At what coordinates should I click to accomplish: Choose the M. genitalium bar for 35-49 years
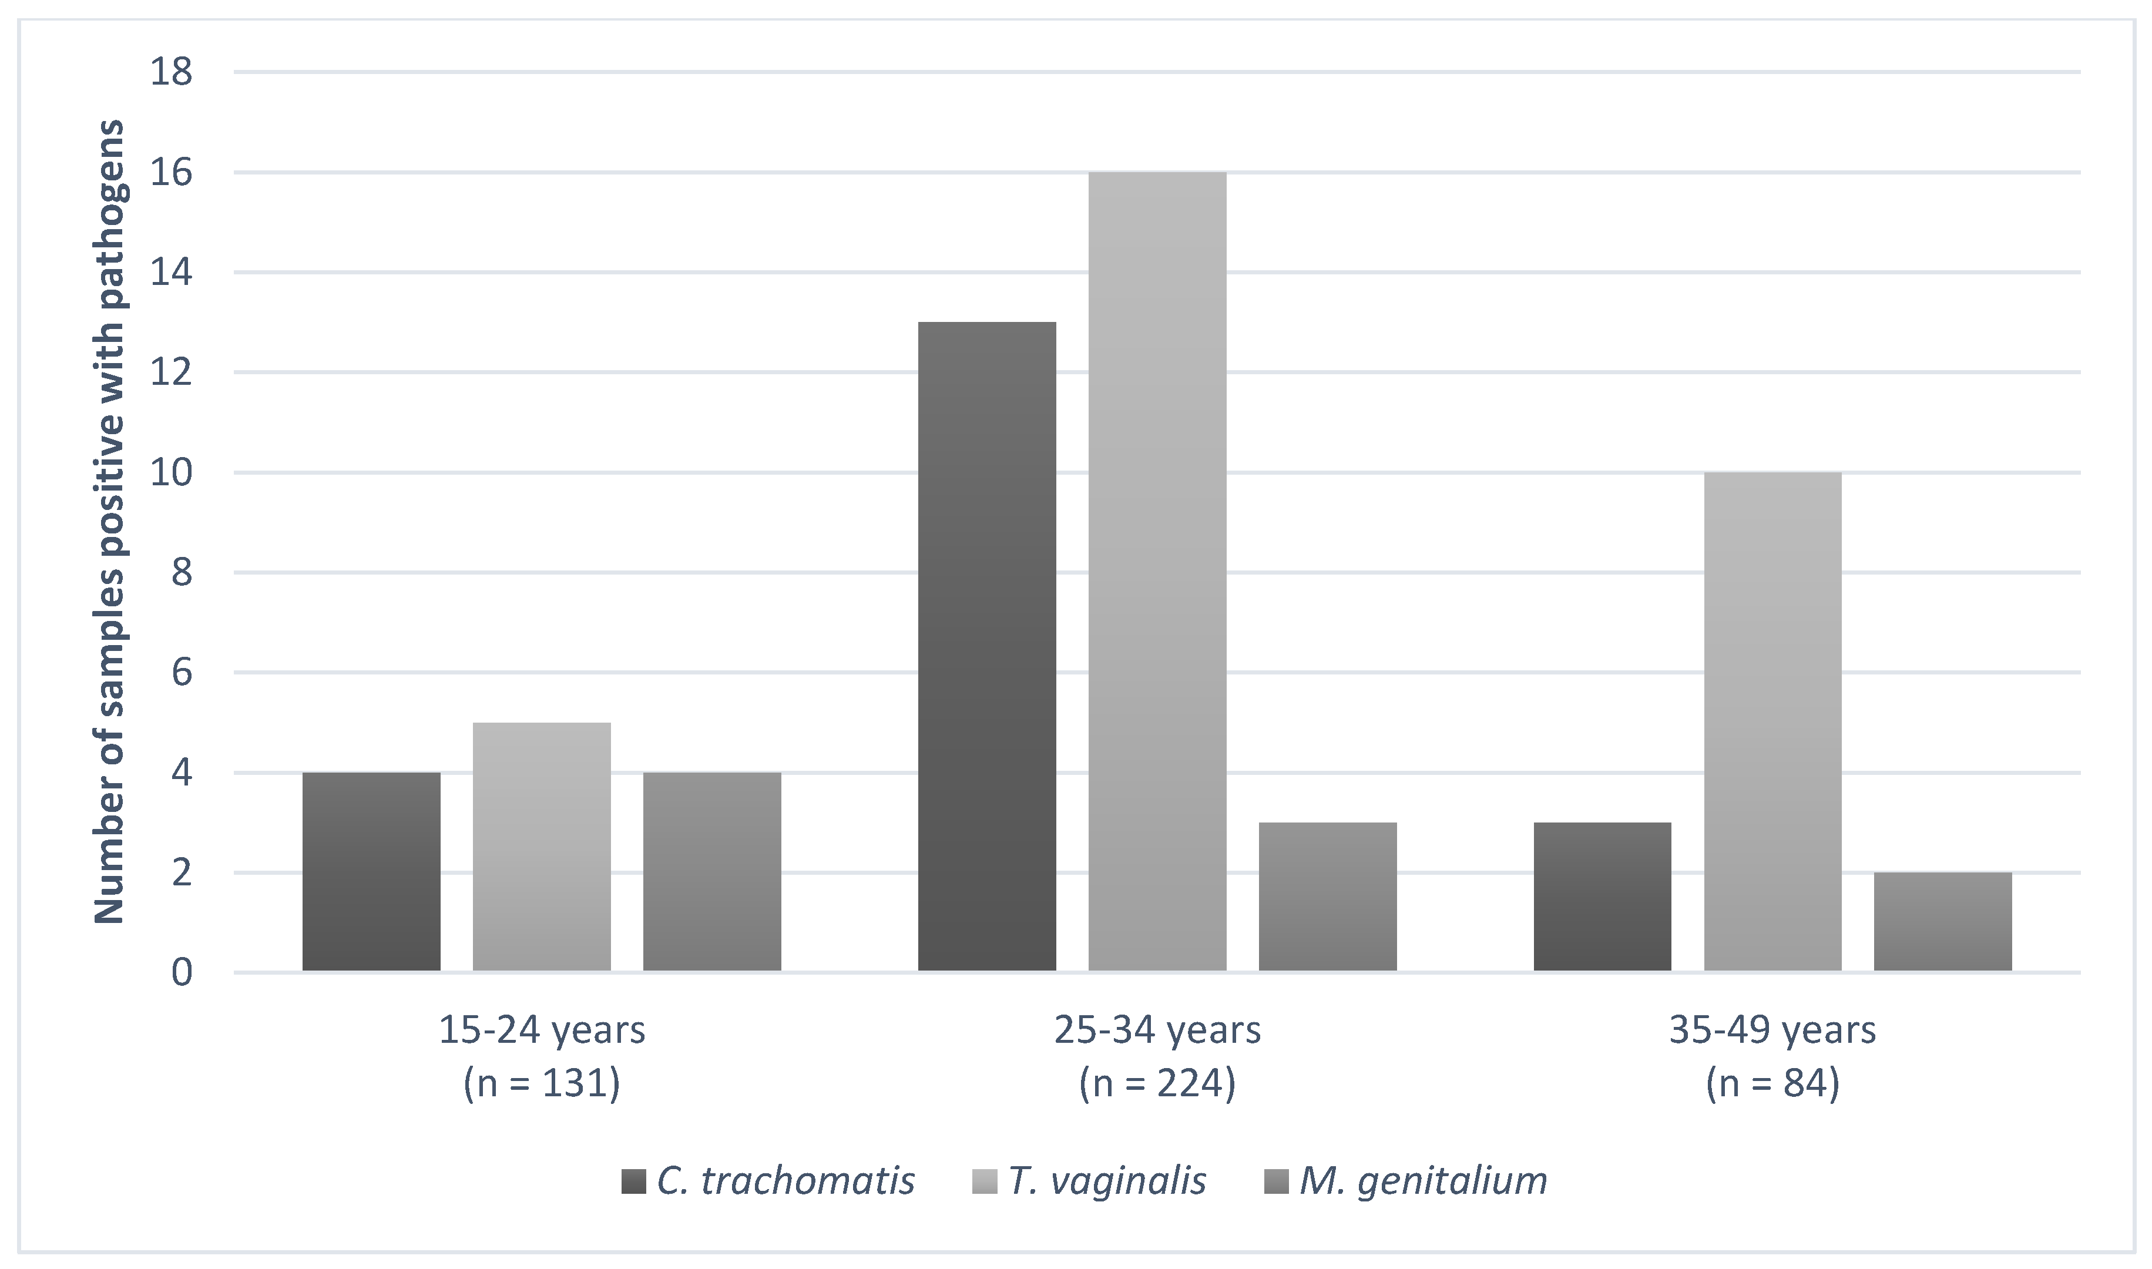[1942, 921]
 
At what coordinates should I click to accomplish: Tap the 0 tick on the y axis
[182, 972]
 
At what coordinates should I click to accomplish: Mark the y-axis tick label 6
[182, 673]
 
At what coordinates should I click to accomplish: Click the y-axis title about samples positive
[109, 522]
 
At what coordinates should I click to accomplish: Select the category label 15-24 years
[542, 1030]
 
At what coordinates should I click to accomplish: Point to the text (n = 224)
[1157, 1083]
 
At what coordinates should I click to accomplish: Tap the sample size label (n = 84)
[1772, 1083]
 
